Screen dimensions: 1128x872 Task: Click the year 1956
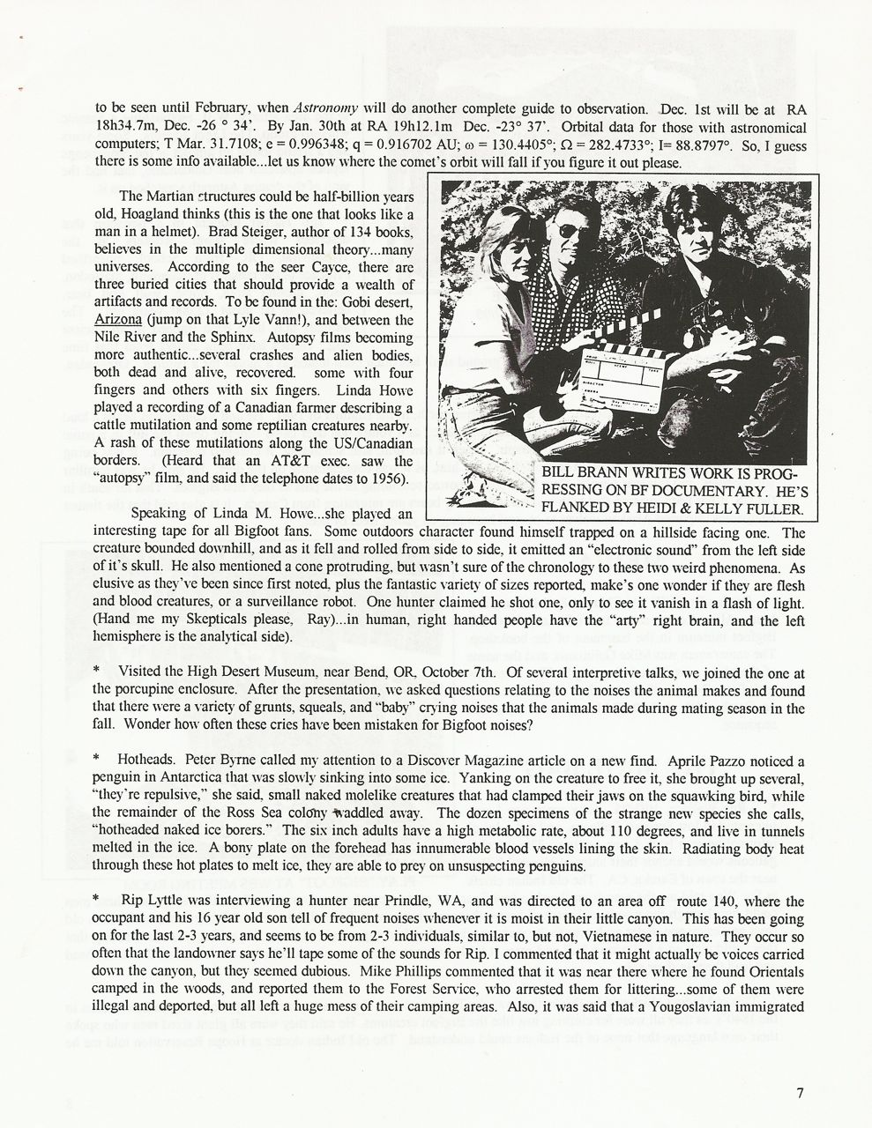384,479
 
